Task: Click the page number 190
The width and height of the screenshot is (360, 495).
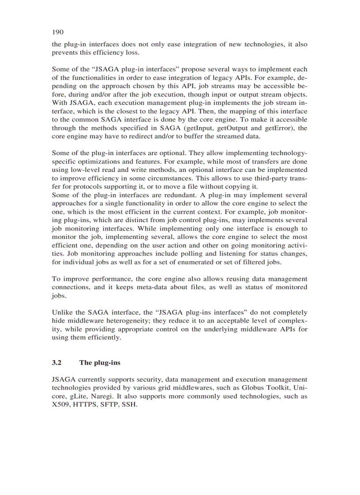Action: [x=57, y=32]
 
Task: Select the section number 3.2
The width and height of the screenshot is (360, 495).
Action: [x=56, y=363]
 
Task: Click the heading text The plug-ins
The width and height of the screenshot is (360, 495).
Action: [x=100, y=363]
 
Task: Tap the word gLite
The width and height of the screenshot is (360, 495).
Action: [x=80, y=396]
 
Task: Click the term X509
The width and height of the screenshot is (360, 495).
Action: [x=61, y=405]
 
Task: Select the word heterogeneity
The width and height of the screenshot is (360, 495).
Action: [x=135, y=321]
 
